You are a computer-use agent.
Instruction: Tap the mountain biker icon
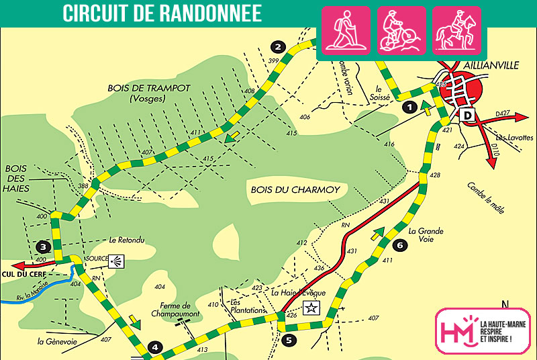(x=401, y=30)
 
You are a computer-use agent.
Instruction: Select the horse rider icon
(x=456, y=30)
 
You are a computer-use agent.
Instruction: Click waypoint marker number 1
(x=407, y=106)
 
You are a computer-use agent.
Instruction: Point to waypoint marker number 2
(x=277, y=46)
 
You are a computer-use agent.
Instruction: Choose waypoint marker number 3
(x=44, y=246)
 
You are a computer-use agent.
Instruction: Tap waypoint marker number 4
(x=155, y=347)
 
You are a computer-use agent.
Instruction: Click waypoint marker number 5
(x=289, y=340)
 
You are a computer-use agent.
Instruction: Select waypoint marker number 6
(x=399, y=245)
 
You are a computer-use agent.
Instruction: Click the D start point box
(x=468, y=116)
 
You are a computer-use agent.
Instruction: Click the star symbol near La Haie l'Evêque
(x=311, y=308)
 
